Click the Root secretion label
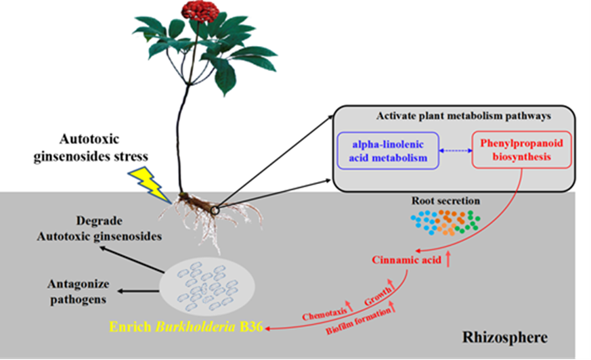(x=445, y=201)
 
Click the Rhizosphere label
(x=504, y=336)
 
